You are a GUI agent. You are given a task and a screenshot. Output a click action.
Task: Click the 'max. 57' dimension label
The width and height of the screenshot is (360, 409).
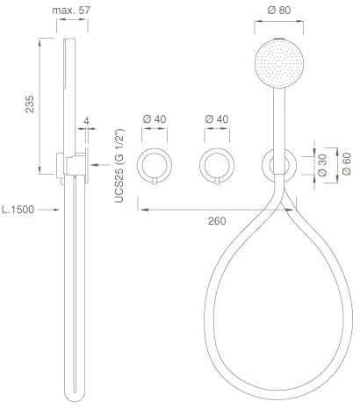[71, 11]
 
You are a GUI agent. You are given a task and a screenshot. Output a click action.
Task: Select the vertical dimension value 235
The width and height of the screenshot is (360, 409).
[30, 104]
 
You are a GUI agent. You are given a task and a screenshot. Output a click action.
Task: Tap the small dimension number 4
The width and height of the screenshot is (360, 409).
[86, 121]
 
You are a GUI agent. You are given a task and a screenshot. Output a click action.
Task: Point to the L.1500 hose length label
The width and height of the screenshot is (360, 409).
[18, 210]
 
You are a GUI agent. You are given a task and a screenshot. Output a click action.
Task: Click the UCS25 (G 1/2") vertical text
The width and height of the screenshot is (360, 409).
[119, 166]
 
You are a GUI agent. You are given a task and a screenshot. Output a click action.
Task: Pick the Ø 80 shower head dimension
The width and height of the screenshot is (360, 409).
[279, 11]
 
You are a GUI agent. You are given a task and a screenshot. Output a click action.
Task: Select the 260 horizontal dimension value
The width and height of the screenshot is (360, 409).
[217, 221]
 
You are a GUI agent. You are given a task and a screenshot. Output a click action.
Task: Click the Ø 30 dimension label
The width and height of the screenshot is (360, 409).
[322, 165]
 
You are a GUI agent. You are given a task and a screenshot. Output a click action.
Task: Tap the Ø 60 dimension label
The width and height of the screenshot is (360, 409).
[346, 164]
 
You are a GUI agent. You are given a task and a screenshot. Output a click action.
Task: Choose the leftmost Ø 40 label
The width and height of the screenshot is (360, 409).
[155, 119]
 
